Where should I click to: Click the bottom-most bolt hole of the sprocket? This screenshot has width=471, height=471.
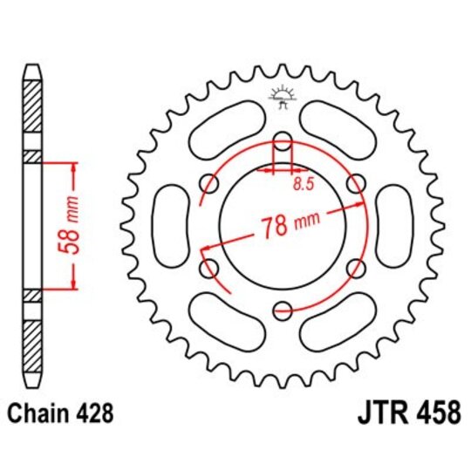coord(282,307)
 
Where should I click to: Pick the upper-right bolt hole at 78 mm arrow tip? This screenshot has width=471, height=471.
coord(354,183)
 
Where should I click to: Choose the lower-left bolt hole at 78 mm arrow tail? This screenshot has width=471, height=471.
coord(210,267)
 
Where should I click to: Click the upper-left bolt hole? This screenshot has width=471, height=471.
coord(210,183)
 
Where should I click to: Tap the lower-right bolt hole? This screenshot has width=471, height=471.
coord(354,267)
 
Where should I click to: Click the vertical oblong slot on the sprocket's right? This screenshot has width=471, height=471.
coord(397,225)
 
